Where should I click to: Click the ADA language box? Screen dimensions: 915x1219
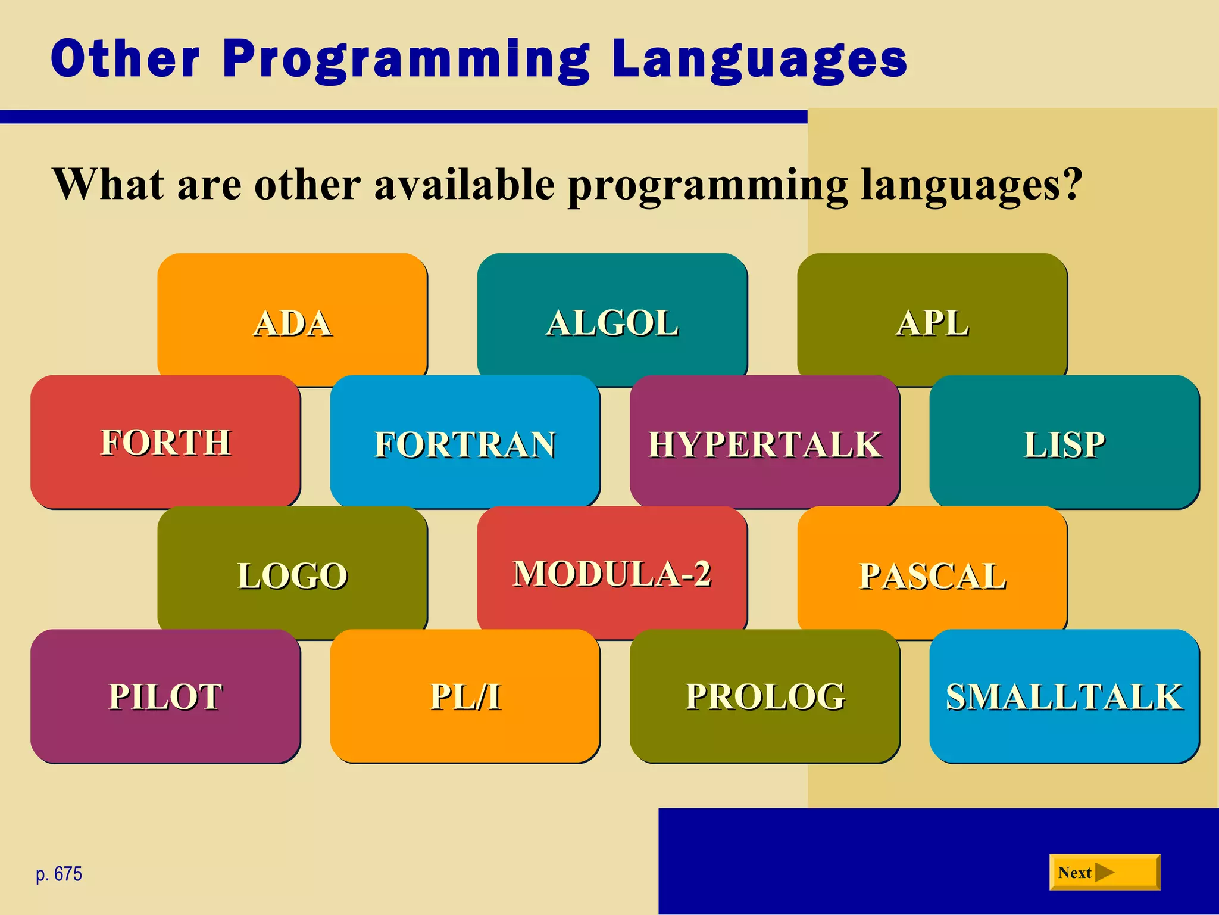[292, 322]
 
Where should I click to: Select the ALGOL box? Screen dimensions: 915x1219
[612, 322]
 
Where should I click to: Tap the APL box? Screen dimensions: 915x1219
[932, 322]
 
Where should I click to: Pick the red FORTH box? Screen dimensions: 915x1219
[165, 442]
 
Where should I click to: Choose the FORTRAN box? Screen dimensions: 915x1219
[465, 444]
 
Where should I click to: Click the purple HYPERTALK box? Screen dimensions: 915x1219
[765, 444]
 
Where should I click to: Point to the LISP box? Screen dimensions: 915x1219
[1064, 444]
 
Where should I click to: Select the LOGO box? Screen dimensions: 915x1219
[292, 575]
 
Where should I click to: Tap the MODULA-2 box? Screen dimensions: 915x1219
[612, 573]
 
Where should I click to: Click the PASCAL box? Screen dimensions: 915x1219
[932, 575]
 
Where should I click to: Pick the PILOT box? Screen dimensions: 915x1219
[165, 696]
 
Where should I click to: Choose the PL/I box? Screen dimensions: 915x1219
[465, 696]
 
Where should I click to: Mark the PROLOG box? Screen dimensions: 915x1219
[765, 696]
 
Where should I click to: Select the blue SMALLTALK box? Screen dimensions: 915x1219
[1064, 696]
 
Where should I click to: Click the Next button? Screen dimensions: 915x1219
[1104, 872]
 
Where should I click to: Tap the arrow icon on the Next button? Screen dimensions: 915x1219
[1105, 872]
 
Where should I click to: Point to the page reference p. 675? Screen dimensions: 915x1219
[59, 874]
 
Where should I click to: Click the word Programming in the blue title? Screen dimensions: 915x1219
[407, 60]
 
